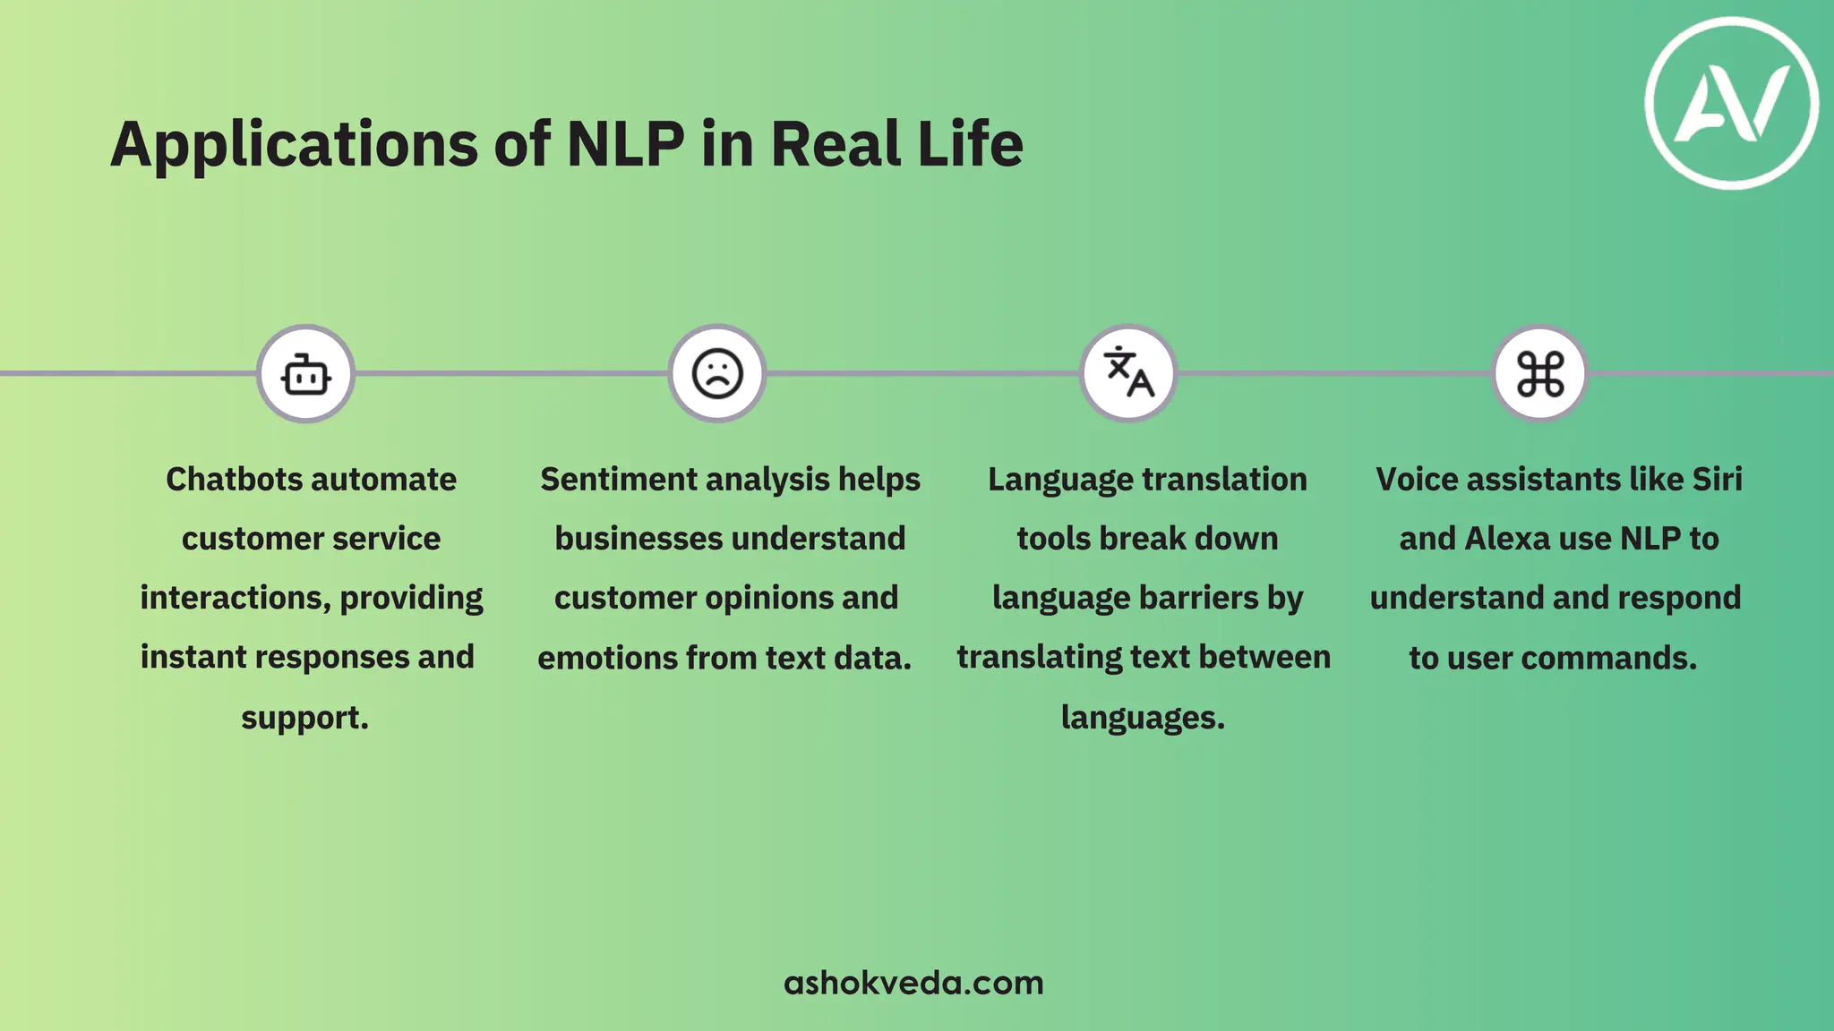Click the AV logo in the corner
tap(1732, 103)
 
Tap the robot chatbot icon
tap(306, 374)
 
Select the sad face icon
tap(717, 374)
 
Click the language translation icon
tap(1128, 374)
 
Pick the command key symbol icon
tap(1540, 374)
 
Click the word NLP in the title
tap(626, 144)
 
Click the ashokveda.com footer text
tap(913, 983)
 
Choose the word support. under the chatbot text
tap(304, 718)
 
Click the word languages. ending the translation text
tap(1143, 718)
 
